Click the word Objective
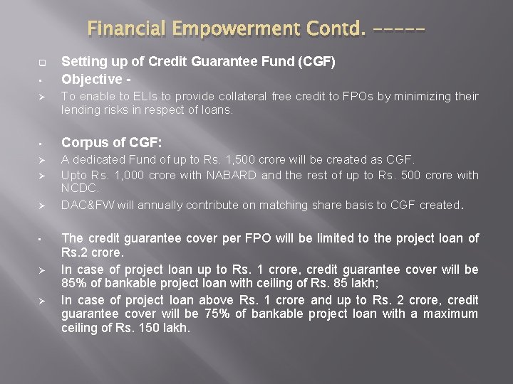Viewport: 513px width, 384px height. coord(88,78)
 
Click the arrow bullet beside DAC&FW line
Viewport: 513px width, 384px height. coord(43,206)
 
